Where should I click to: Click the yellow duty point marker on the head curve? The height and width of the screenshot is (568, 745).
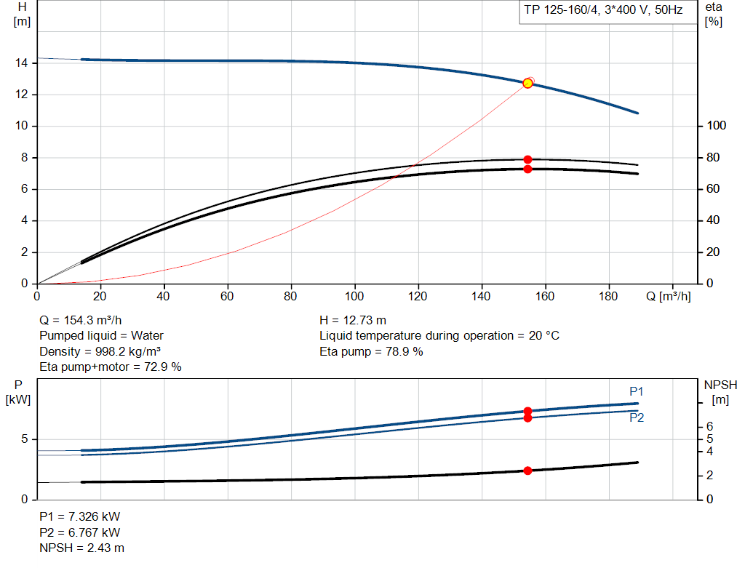pos(527,84)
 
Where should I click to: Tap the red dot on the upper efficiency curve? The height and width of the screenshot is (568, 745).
pos(527,159)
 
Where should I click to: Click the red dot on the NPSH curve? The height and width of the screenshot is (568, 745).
pos(527,471)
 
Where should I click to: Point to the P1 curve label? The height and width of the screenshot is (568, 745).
pos(636,392)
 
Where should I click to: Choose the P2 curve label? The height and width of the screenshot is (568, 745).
pos(637,418)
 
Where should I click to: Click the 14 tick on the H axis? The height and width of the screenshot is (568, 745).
pos(21,63)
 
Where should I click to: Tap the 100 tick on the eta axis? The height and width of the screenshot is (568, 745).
pos(716,126)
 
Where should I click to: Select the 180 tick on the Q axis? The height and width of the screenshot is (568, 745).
pos(608,296)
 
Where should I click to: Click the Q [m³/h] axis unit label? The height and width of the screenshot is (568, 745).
pos(668,296)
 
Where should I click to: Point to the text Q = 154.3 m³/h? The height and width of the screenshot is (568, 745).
pos(81,320)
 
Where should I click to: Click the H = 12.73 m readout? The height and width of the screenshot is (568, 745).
pos(353,320)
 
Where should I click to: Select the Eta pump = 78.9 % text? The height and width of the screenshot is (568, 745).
pos(371,351)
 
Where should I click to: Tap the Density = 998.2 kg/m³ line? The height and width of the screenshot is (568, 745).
pos(100,351)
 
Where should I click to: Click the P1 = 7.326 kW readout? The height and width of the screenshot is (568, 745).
pos(80,516)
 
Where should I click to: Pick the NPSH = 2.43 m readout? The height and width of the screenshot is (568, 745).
pos(81,548)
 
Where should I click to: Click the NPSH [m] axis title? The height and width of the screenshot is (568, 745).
pos(720,392)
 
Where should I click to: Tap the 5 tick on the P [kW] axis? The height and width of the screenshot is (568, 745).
pos(24,439)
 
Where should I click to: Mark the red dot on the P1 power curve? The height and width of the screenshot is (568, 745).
pos(527,412)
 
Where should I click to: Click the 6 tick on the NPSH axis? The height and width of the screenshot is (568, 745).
pos(709,426)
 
